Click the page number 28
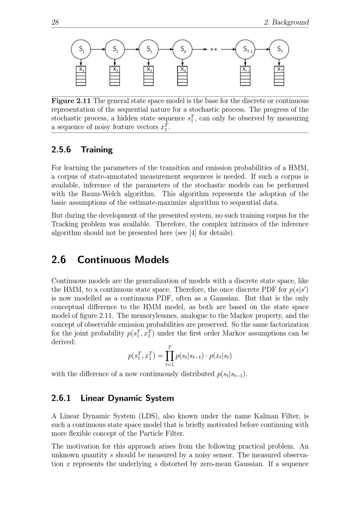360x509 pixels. pyautogui.click(x=55, y=22)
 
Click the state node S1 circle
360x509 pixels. pyautogui.click(x=81, y=49)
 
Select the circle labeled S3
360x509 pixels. pyautogui.click(x=149, y=49)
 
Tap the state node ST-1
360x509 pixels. pyautogui.click(x=245, y=49)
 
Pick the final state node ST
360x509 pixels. pyautogui.click(x=279, y=49)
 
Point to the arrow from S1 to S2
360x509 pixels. pyautogui.click(x=98, y=49)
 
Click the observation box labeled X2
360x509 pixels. pyautogui.click(x=115, y=76)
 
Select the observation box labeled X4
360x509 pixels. pyautogui.click(x=183, y=76)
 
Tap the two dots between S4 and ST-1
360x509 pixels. pyautogui.click(x=214, y=49)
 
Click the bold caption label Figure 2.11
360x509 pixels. pyautogui.click(x=71, y=101)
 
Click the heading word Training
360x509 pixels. pyautogui.click(x=96, y=150)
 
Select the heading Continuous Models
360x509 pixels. pyautogui.click(x=123, y=260)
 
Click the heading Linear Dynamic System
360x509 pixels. pyautogui.click(x=127, y=398)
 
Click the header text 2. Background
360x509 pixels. pyautogui.click(x=286, y=22)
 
